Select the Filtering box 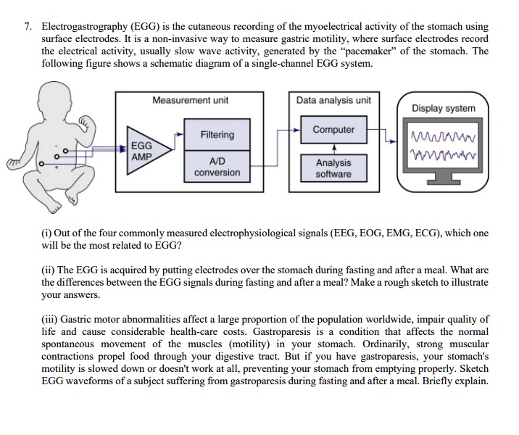[217, 135]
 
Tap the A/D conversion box [217, 167]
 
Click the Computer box [333, 130]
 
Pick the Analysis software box [333, 168]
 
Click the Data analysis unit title [333, 100]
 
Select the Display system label [444, 108]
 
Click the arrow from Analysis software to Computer [333, 149]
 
